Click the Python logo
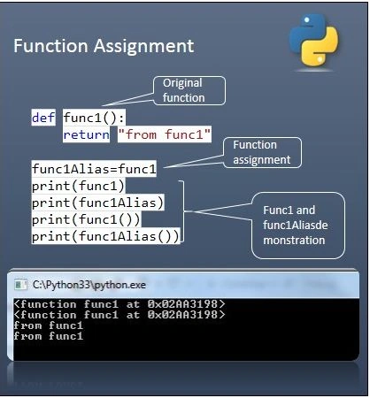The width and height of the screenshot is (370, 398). pos(314,39)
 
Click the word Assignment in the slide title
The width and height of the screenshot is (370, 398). pos(143,46)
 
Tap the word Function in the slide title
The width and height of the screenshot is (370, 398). pos(50,46)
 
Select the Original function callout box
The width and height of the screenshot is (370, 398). pos(189,90)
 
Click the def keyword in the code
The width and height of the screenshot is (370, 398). pos(43,118)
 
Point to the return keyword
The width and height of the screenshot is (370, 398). pos(86,134)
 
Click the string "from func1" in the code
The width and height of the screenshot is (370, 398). pos(165,134)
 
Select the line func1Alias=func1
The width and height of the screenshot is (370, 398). pos(94,169)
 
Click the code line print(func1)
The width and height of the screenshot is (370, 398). pos(78,186)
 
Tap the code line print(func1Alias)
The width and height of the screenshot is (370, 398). pos(97,203)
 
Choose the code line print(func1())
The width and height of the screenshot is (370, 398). pos(86,219)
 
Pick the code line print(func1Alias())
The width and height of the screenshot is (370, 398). pos(105,236)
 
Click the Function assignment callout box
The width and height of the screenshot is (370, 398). pos(262,152)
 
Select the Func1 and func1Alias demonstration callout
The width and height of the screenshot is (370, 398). pos(298,226)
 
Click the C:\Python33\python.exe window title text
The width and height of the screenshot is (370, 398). pos(89,285)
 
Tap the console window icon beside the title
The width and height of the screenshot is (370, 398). pos(20,285)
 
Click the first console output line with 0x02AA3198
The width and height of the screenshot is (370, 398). pos(119,304)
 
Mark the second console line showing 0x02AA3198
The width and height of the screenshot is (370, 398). pos(119,315)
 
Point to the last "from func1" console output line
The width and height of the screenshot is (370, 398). pos(49,336)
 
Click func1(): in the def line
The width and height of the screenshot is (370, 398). pos(94,118)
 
